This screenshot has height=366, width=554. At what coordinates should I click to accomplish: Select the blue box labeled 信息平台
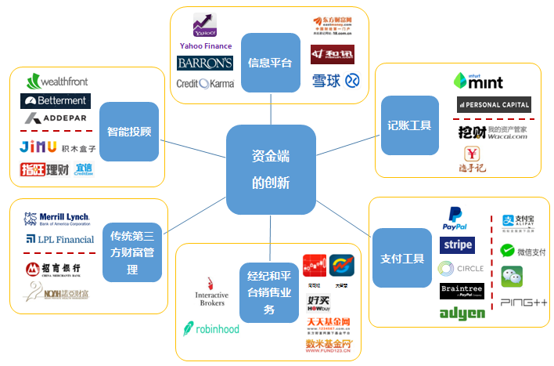[x=270, y=62]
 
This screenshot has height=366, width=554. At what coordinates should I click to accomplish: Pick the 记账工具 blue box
[x=409, y=125]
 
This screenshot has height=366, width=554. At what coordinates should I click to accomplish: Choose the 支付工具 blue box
[x=401, y=257]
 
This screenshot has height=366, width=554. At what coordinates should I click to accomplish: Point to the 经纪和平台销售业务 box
[x=268, y=288]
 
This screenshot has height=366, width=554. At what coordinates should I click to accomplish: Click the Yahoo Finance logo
[x=206, y=31]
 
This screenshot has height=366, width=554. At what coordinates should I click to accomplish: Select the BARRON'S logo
[x=205, y=63]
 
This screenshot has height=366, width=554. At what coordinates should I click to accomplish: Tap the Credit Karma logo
[x=204, y=83]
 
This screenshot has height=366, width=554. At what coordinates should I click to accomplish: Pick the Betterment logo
[x=56, y=101]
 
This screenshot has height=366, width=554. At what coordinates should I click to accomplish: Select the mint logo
[x=478, y=81]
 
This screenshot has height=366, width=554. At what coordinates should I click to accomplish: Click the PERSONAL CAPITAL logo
[x=494, y=104]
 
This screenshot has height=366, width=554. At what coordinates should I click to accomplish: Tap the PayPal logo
[x=455, y=217]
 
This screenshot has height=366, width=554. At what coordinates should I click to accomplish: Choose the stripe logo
[x=457, y=245]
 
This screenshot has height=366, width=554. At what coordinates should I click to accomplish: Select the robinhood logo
[x=211, y=328]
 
